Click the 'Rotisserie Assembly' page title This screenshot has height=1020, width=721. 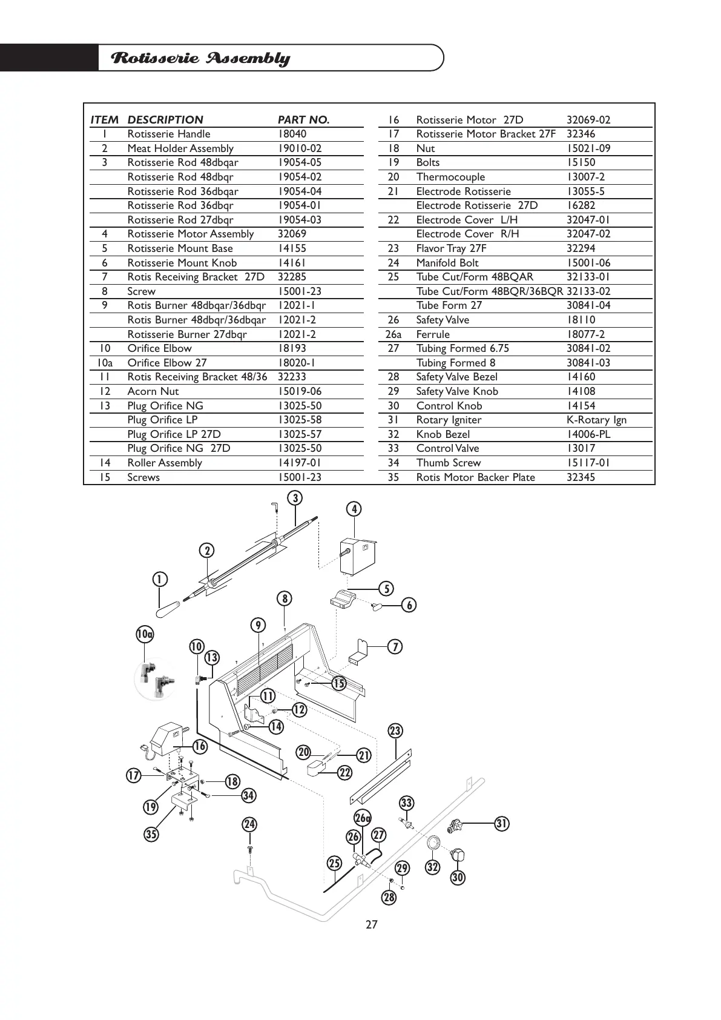[x=201, y=58]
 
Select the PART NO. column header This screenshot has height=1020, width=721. [x=303, y=119]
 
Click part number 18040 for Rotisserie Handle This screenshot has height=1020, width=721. [x=292, y=134]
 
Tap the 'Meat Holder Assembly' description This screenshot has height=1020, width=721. [x=180, y=148]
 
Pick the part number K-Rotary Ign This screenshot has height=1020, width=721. [x=596, y=420]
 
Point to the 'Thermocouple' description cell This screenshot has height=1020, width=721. [x=450, y=177]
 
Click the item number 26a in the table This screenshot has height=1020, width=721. [x=393, y=334]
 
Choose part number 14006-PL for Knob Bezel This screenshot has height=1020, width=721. [x=588, y=434]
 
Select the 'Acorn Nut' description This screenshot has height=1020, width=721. [x=153, y=391]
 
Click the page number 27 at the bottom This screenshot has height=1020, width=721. [x=371, y=924]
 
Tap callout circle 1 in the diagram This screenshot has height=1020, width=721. [x=160, y=579]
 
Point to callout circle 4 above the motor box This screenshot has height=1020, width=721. [x=354, y=509]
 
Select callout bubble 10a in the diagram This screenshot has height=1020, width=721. [x=145, y=634]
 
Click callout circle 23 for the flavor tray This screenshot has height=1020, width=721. [x=395, y=730]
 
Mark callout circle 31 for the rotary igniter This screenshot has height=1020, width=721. [x=502, y=823]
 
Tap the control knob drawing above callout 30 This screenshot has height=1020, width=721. [x=458, y=856]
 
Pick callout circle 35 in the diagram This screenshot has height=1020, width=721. [x=151, y=834]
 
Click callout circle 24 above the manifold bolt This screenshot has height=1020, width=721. [x=249, y=824]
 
